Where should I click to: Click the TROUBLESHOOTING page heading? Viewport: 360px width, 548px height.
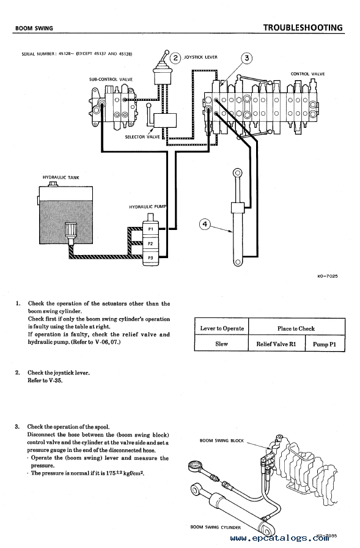[x=303, y=28]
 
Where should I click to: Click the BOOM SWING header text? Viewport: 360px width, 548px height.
[x=34, y=28]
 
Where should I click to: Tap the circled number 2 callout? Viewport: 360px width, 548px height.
[x=175, y=57]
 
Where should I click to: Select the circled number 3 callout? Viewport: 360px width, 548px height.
[x=247, y=58]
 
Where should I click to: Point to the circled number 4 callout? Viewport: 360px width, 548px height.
[x=205, y=224]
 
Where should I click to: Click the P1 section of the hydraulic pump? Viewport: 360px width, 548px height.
[x=150, y=229]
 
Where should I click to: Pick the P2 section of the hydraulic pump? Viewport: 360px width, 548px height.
[x=150, y=243]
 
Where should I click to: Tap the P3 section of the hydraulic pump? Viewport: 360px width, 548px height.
[x=150, y=258]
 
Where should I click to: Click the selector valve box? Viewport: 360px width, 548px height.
[x=165, y=120]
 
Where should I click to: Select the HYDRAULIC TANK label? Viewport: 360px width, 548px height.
[x=61, y=177]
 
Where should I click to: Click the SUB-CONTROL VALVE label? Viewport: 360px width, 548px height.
[x=111, y=80]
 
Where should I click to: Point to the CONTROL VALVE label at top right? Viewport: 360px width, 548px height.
[x=307, y=74]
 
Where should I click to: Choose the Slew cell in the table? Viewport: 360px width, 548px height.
[x=221, y=344]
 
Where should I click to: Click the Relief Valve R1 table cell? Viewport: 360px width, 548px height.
[x=276, y=344]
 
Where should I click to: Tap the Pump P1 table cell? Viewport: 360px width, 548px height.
[x=325, y=344]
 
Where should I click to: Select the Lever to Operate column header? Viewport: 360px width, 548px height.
[x=222, y=328]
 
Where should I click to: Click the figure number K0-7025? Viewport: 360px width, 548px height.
[x=328, y=276]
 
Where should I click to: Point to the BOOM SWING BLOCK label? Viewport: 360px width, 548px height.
[x=222, y=441]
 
